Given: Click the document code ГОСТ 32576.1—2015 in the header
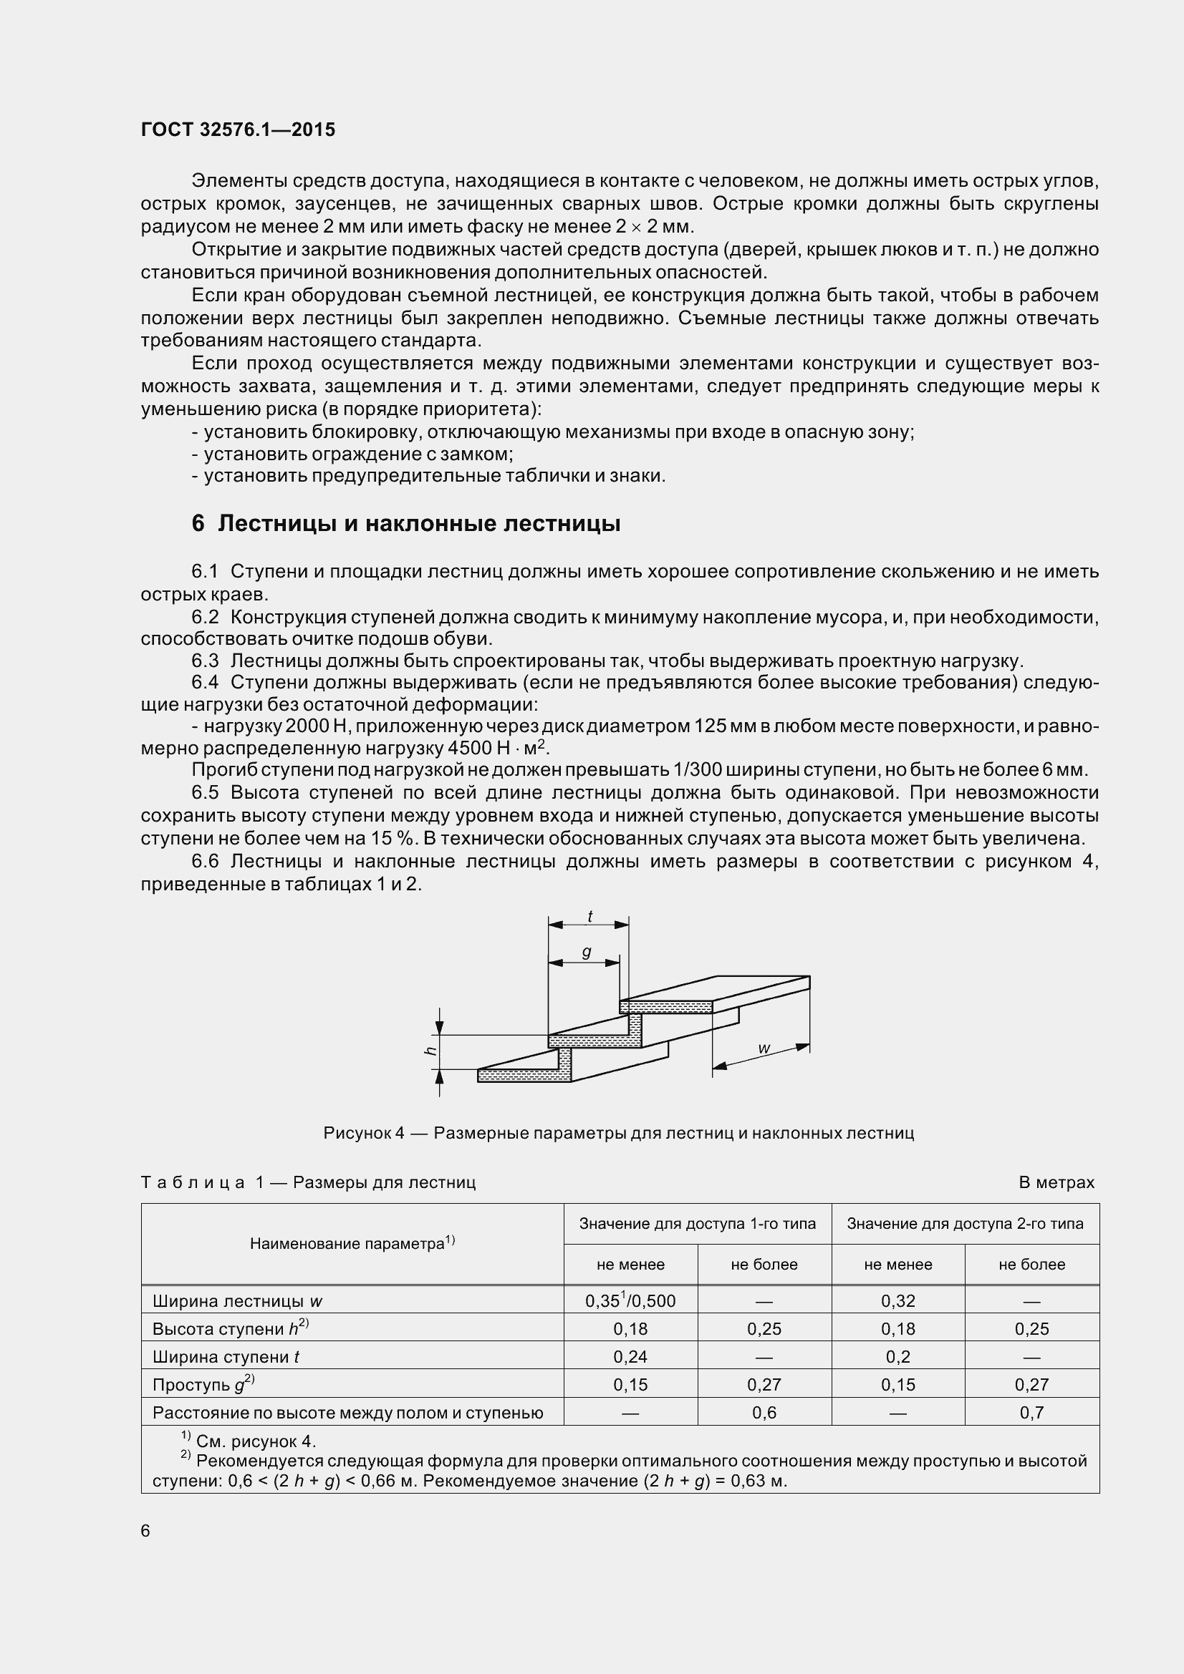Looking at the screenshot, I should [238, 130].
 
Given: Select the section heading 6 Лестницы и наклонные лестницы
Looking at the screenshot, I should [405, 523].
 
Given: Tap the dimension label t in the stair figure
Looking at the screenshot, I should [589, 917].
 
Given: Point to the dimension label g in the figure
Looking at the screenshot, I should [586, 952].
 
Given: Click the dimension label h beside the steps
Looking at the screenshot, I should [430, 1051].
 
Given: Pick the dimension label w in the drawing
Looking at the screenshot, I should [764, 1048].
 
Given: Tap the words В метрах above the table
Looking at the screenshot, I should [1056, 1182].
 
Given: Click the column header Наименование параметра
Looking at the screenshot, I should [352, 1244].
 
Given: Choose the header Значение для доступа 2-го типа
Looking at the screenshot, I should [964, 1223].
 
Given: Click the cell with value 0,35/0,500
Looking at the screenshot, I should [630, 1300].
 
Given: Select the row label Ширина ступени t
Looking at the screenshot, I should [226, 1357].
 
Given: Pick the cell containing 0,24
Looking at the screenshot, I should [630, 1357].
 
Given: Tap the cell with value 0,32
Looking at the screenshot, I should [897, 1300].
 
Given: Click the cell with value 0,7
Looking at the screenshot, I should [1031, 1413].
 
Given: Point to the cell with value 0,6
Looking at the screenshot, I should [764, 1413].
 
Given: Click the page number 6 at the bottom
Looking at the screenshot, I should [145, 1531].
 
